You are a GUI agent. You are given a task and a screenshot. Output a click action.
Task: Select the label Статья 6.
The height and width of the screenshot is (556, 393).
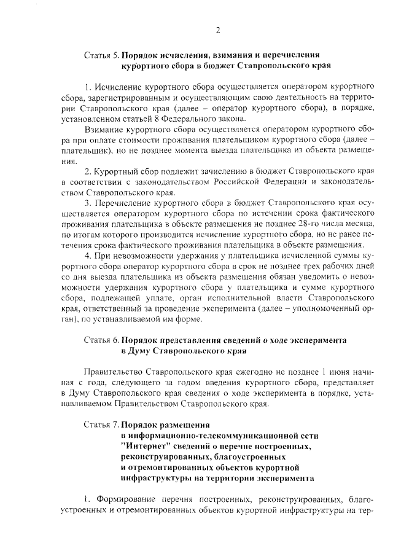(101, 340)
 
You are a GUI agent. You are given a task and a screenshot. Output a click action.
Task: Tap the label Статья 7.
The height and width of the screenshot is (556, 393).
(101, 424)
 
